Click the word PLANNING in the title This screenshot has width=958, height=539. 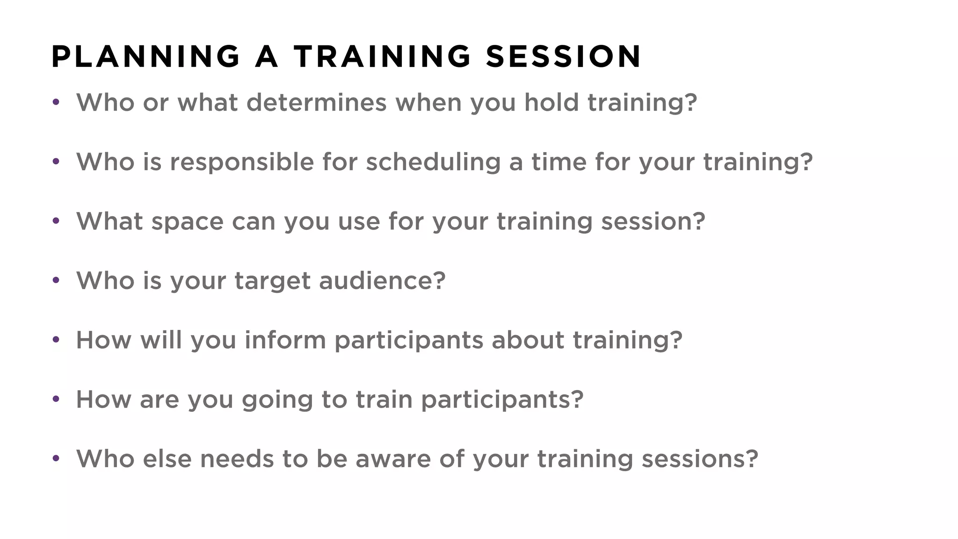pyautogui.click(x=145, y=57)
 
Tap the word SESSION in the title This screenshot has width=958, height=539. pyautogui.click(x=563, y=57)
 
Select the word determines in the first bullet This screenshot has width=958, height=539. pyautogui.click(x=316, y=102)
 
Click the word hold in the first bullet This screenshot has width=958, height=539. pyautogui.click(x=552, y=102)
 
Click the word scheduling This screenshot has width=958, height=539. pyautogui.click(x=433, y=163)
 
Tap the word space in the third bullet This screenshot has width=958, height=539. pyautogui.click(x=187, y=222)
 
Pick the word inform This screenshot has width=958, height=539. pyautogui.click(x=285, y=340)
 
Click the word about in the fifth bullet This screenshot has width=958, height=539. pyautogui.click(x=528, y=340)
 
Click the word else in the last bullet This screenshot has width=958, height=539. pyautogui.click(x=167, y=459)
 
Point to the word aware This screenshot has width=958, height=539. pyautogui.click(x=393, y=459)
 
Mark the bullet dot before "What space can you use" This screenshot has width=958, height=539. pyautogui.click(x=56, y=220)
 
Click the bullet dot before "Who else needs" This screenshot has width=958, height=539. pyautogui.click(x=56, y=458)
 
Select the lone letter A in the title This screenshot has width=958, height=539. pyautogui.click(x=267, y=57)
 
